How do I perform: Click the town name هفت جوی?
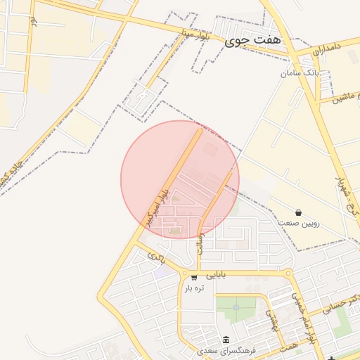pyautogui.click(x=252, y=41)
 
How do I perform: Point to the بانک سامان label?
pyautogui.click(x=300, y=72)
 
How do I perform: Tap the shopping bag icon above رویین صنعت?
pyautogui.click(x=299, y=212)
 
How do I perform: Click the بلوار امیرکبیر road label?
pyautogui.click(x=158, y=206)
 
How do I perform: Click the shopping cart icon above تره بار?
pyautogui.click(x=193, y=278)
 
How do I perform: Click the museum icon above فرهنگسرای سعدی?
pyautogui.click(x=226, y=339)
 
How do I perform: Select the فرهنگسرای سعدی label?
pyautogui.click(x=226, y=349)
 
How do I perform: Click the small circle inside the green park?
pyautogui.click(x=236, y=307)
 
